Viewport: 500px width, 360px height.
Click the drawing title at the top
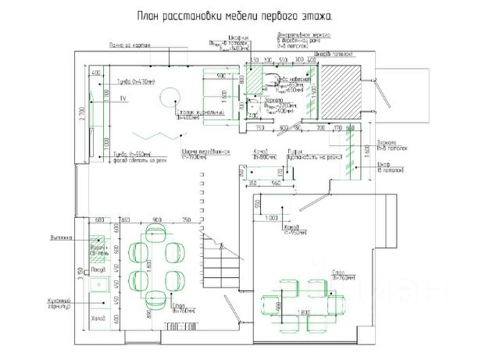(234, 16)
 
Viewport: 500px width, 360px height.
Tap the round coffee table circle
(169, 97)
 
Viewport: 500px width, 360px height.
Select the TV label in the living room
(123, 99)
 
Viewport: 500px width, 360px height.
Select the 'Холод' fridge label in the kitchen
(98, 318)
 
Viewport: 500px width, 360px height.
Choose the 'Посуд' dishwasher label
(98, 270)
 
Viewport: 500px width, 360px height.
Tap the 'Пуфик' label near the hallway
(295, 151)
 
